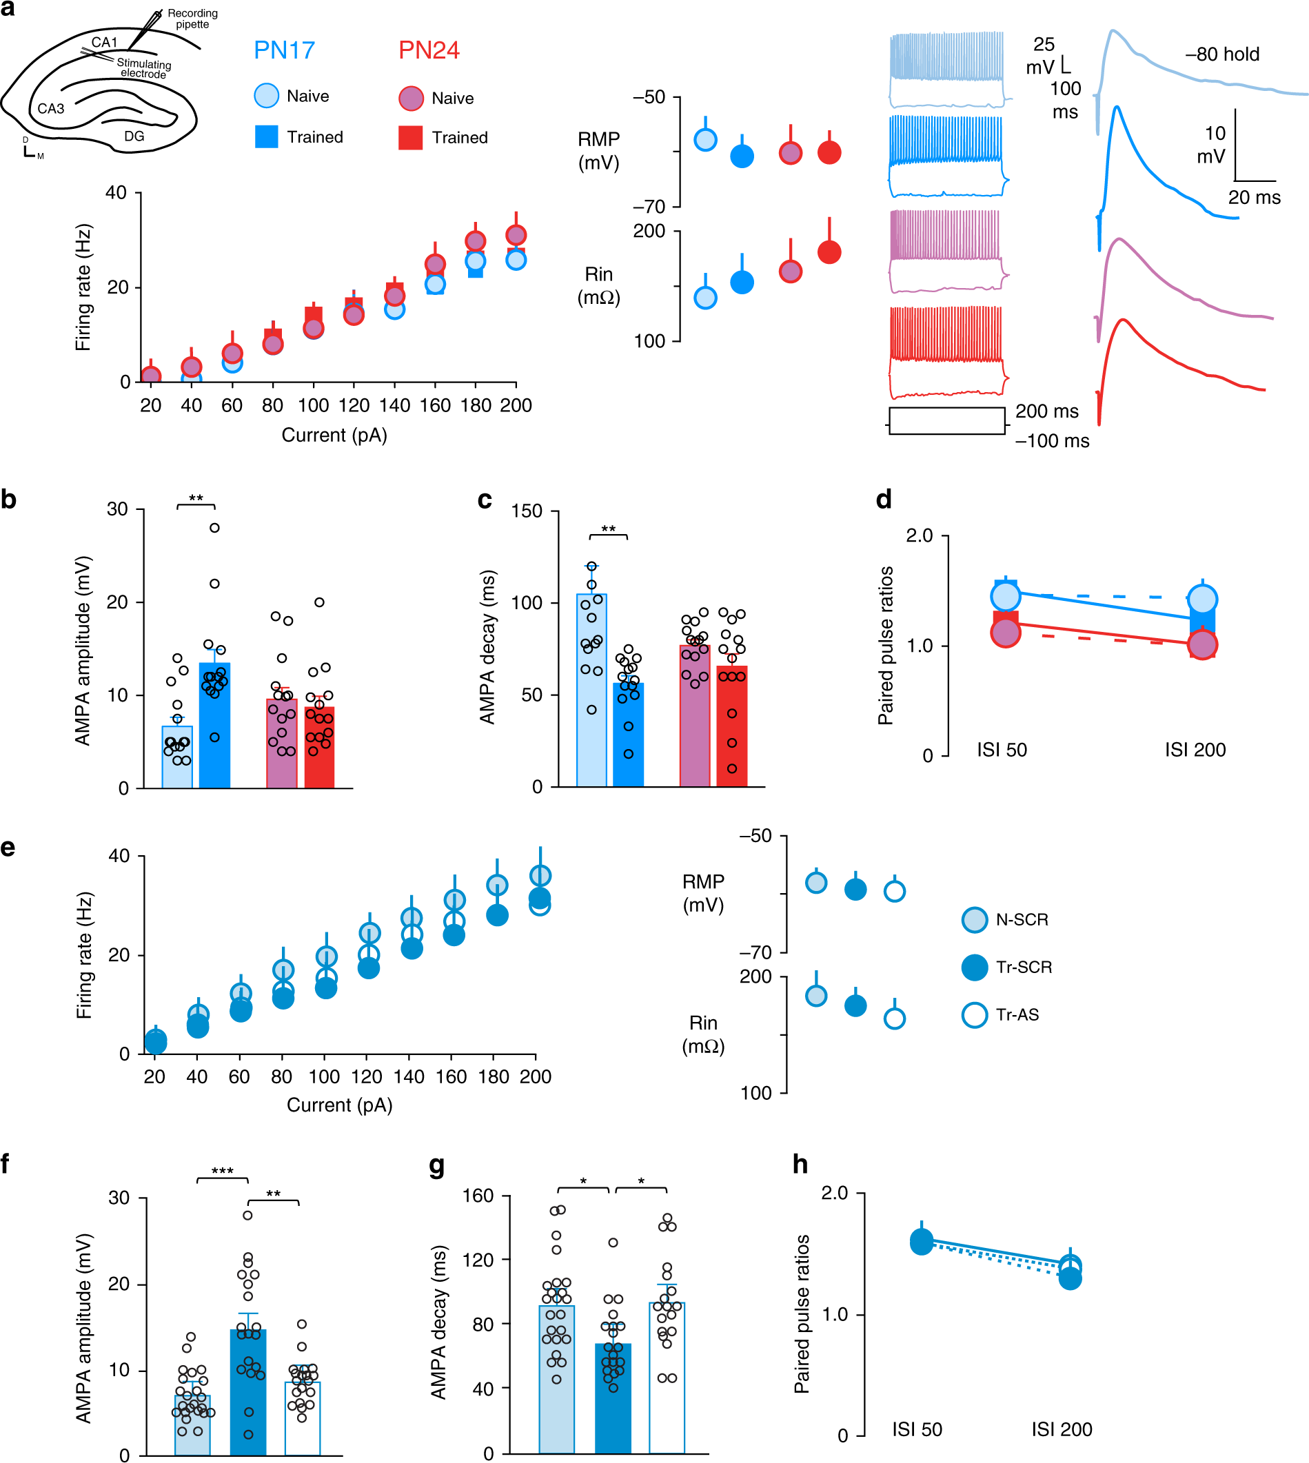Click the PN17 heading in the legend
coord(284,50)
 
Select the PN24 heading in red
coord(429,50)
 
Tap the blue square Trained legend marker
coord(266,136)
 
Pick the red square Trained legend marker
coord(411,137)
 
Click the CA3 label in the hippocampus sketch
coord(50,109)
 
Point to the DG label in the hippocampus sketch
coord(134,136)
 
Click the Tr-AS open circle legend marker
coord(975,1014)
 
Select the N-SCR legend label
coord(1022,919)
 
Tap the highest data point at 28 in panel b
coord(214,528)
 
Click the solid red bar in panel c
coord(732,726)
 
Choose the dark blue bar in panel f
coord(248,1391)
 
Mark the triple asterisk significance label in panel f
coord(222,1171)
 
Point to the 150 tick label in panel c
coord(527,511)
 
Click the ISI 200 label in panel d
coord(1195,750)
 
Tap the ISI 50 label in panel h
coord(917,1429)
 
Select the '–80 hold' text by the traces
coord(1222,54)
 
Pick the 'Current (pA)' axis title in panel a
coord(334,435)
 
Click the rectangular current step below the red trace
coord(946,421)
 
